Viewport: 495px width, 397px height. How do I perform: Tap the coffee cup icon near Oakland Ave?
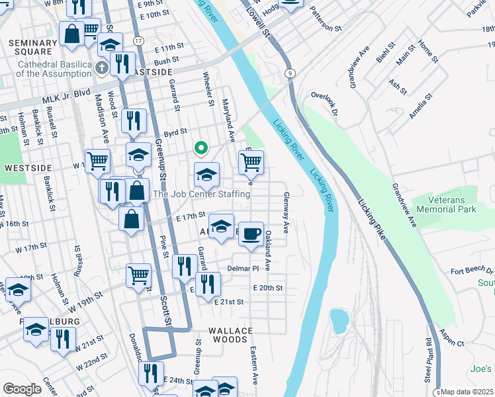[251, 234]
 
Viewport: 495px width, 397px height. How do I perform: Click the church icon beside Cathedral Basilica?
[101, 67]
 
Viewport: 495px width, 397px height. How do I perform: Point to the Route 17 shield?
[137, 41]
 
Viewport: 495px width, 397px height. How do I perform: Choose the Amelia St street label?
[421, 105]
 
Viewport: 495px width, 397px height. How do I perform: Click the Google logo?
[22, 388]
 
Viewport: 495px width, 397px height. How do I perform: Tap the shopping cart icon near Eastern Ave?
[251, 161]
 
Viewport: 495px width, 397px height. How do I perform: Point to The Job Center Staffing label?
[202, 194]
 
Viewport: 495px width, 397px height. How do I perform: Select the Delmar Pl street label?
[242, 269]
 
